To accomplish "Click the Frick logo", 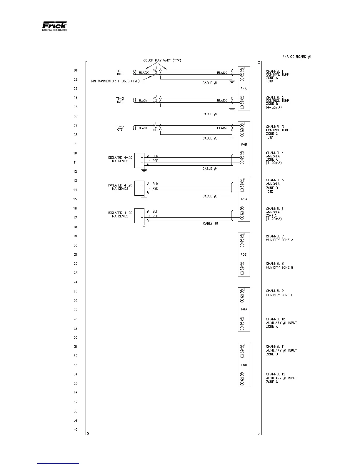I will pyautogui.click(x=54, y=26).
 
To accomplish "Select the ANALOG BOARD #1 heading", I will pyautogui.click(x=296, y=56).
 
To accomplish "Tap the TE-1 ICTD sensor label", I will pyautogui.click(x=120, y=72).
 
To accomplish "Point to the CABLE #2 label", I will pyautogui.click(x=210, y=114).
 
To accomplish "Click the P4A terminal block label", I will pyautogui.click(x=244, y=89).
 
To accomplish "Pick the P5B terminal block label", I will pyautogui.click(x=244, y=254).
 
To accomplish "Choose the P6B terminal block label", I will pyautogui.click(x=244, y=365).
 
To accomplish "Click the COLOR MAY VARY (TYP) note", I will pyautogui.click(x=162, y=60).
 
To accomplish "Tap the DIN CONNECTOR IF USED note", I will pyautogui.click(x=115, y=81).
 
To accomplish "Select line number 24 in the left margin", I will pyautogui.click(x=76, y=282).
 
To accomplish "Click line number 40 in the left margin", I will pyautogui.click(x=76, y=430).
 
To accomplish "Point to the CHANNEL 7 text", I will pyautogui.click(x=275, y=236).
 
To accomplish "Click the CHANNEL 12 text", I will pyautogui.click(x=276, y=374).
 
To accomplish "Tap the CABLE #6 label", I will pyautogui.click(x=210, y=224).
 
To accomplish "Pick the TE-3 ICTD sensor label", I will pyautogui.click(x=120, y=128).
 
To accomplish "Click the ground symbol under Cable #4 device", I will pyautogui.click(x=144, y=170).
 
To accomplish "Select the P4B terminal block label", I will pyautogui.click(x=244, y=144).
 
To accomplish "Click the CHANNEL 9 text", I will pyautogui.click(x=275, y=291).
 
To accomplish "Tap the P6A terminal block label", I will pyautogui.click(x=244, y=309).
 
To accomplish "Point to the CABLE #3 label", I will pyautogui.click(x=210, y=138).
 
